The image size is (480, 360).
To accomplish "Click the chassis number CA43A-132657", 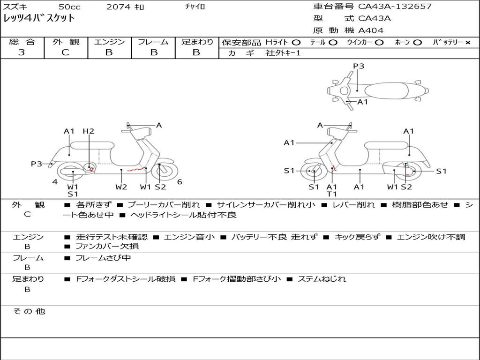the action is tap(395, 7).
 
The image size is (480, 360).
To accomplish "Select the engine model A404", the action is tap(371, 30).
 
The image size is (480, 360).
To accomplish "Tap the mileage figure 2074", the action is tap(119, 7).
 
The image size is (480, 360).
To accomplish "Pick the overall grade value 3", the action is tap(22, 52).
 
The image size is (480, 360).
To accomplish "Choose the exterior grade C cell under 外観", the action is tap(66, 52).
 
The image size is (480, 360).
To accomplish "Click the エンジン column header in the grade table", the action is tap(109, 42).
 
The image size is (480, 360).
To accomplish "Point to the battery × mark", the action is tap(467, 42).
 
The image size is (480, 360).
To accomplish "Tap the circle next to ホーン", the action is tap(417, 42).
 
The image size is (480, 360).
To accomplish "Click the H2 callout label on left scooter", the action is tap(88, 131).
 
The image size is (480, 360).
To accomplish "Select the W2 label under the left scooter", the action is tap(121, 187).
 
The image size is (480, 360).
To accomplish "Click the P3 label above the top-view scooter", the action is tap(359, 66).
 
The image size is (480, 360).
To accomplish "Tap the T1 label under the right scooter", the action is tap(332, 194).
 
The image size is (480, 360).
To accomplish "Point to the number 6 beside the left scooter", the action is tap(180, 182).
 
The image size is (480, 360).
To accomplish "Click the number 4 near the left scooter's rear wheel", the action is tap(55, 182).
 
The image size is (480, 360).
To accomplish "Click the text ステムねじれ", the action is tap(322, 279).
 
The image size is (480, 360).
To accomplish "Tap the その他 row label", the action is tap(29, 311).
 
